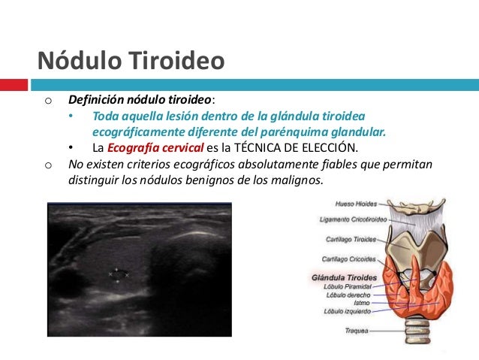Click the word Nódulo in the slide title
tap(76, 59)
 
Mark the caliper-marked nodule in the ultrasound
tap(119, 275)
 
